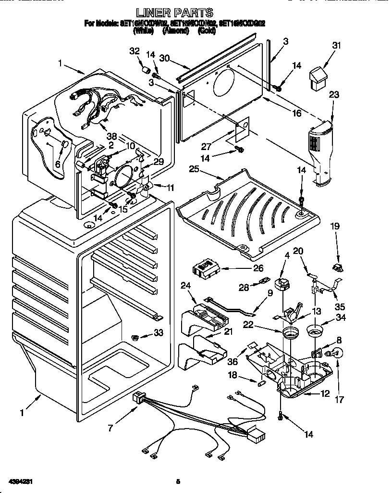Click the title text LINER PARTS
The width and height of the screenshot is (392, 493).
[175, 13]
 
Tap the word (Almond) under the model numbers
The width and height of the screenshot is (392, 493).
[175, 31]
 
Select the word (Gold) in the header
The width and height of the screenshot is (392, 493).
[207, 31]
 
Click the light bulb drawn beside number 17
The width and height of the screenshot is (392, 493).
[335, 354]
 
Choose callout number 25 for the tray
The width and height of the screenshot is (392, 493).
[194, 169]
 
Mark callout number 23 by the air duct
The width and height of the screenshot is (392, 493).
[334, 95]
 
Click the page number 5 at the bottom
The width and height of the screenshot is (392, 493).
[178, 480]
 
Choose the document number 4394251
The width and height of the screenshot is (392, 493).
[20, 480]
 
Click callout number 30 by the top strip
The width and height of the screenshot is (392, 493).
[165, 58]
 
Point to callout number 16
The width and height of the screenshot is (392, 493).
[296, 114]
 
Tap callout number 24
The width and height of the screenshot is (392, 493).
[185, 285]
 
